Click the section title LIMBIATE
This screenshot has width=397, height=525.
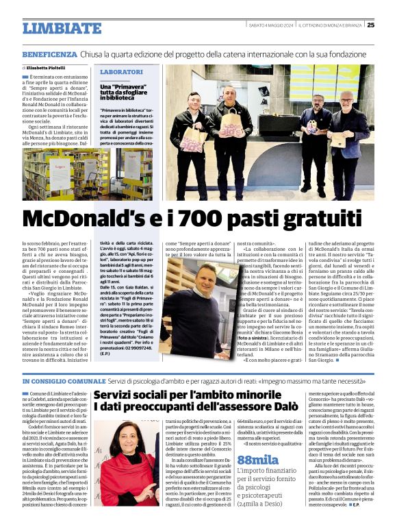tap(62, 28)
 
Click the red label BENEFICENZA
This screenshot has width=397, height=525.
tap(49, 53)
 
